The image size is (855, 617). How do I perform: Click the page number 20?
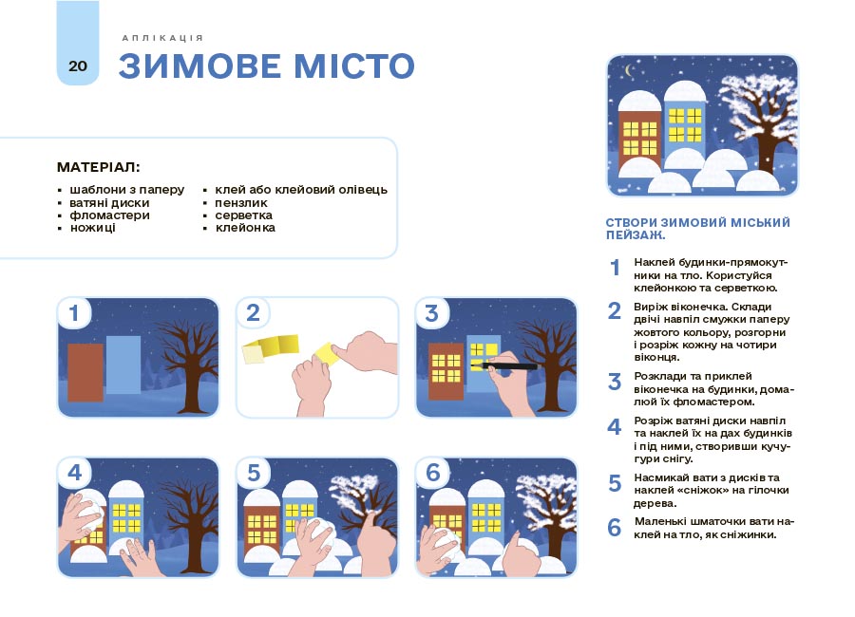pos(78,65)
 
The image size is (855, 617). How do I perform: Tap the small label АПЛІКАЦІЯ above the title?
pos(162,38)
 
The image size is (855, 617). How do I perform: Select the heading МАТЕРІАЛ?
pos(98,167)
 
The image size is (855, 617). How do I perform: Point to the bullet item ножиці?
pos(93,228)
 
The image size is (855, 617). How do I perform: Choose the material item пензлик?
pos(241,203)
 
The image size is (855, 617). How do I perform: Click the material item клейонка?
pos(245,228)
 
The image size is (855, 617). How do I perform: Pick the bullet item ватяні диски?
pos(109,203)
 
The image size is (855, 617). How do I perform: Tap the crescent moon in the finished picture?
pos(631,70)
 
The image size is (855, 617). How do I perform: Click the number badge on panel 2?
pos(253,313)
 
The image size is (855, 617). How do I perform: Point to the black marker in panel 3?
pos(503,365)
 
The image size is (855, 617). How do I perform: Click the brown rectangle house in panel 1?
pos(85,372)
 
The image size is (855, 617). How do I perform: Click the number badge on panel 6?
pos(432,473)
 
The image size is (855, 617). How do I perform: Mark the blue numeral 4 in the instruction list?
pos(615,427)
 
